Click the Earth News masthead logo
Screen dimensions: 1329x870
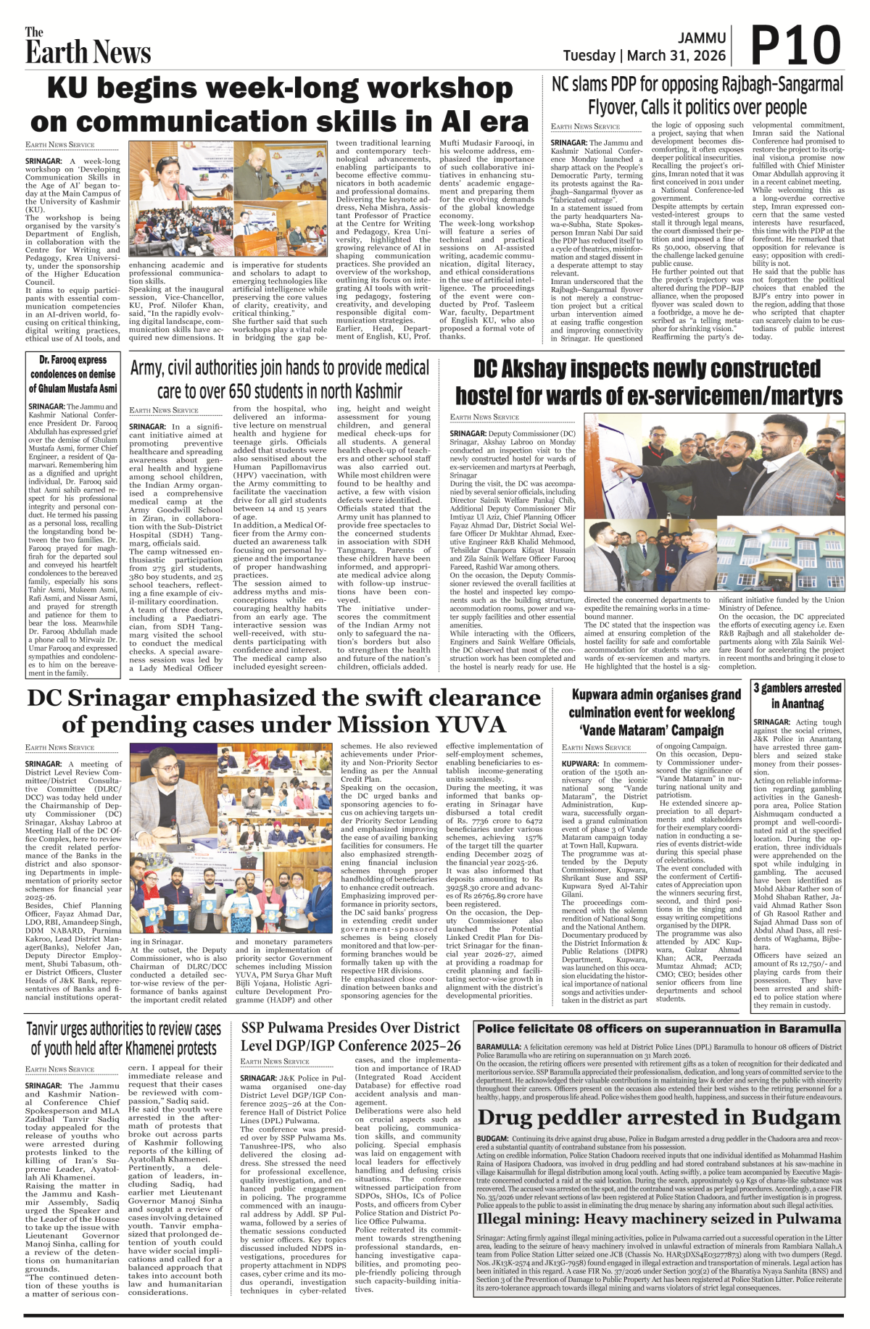click(88, 47)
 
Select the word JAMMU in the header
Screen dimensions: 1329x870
click(702, 38)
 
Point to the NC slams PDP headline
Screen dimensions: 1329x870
click(697, 96)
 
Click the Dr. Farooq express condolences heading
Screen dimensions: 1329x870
click(72, 374)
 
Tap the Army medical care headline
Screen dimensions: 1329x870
click(280, 379)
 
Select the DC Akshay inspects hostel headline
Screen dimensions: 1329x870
click(648, 383)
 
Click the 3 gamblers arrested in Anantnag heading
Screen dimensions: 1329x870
click(797, 696)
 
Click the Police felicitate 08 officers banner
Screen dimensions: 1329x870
click(658, 1028)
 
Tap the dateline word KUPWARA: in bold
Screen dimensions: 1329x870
click(580, 764)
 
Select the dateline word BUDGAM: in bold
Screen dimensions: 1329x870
click(492, 1139)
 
